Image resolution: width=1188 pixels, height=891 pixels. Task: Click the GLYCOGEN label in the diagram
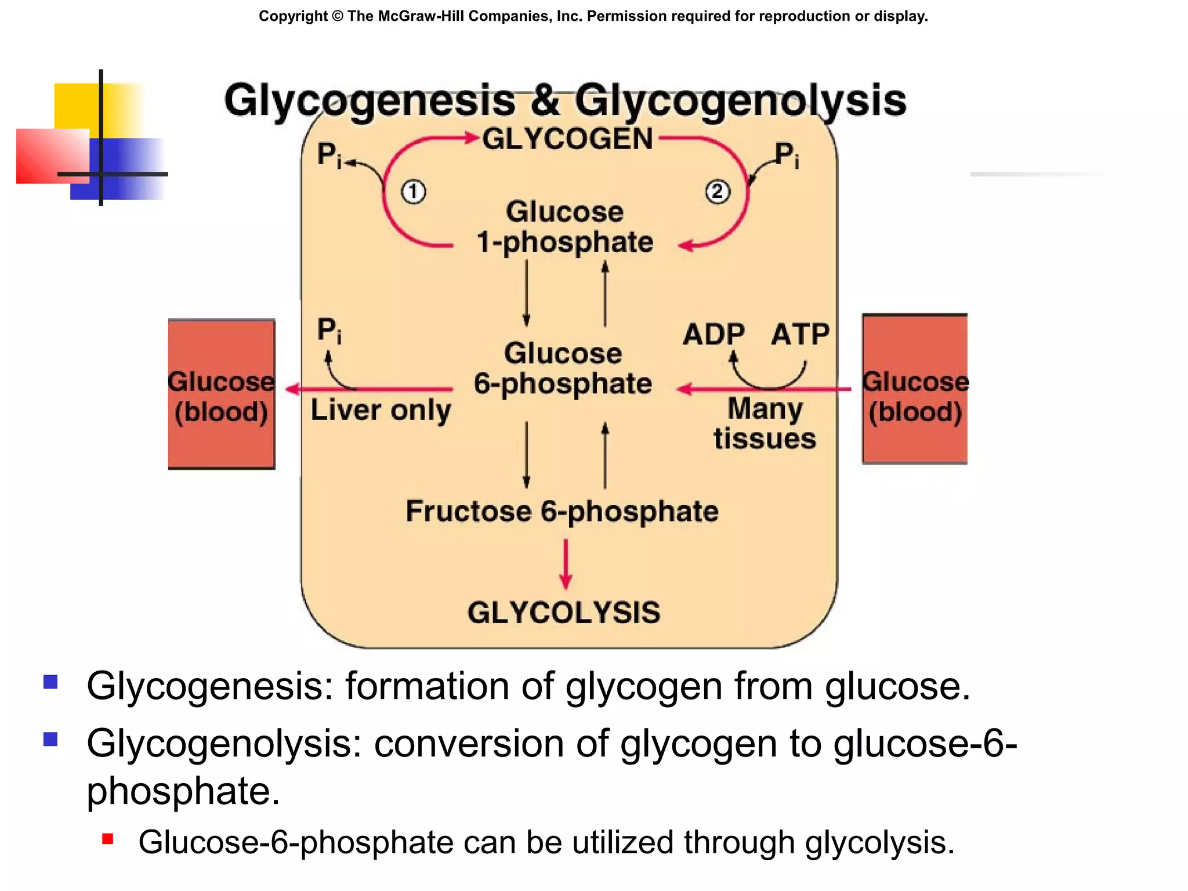click(567, 139)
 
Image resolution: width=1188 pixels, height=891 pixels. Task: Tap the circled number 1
click(414, 192)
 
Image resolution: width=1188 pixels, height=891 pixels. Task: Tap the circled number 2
click(718, 191)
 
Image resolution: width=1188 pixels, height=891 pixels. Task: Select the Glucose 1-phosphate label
click(564, 227)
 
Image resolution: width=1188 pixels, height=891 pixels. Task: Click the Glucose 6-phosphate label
click(563, 368)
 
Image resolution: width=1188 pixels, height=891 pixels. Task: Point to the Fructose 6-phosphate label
click(562, 512)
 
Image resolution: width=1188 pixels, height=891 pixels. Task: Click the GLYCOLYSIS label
click(564, 613)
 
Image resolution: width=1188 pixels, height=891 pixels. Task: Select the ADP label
click(713, 334)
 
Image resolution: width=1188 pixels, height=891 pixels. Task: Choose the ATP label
click(800, 334)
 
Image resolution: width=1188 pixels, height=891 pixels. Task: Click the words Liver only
click(381, 410)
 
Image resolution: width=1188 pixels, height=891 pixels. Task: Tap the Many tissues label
click(765, 423)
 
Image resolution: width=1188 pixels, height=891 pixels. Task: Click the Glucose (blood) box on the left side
click(221, 394)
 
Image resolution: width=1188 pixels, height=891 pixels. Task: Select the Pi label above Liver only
click(329, 331)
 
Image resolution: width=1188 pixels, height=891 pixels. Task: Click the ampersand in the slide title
click(544, 100)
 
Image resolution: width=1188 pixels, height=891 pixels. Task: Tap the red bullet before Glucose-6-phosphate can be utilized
click(107, 839)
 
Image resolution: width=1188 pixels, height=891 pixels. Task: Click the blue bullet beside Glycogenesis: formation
click(50, 682)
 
